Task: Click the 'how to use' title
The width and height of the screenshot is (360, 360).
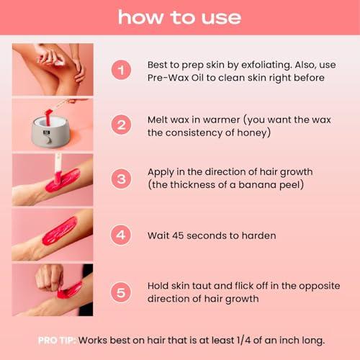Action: point(179,17)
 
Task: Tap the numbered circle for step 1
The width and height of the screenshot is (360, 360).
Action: point(122,70)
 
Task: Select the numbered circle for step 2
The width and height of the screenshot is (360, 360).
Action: point(122,123)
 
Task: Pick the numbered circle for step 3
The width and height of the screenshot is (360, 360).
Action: point(122,178)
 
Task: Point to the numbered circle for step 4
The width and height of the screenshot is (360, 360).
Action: point(122,233)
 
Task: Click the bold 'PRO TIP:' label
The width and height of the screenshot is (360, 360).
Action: point(58,339)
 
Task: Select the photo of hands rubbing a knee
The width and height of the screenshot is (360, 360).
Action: point(53,69)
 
